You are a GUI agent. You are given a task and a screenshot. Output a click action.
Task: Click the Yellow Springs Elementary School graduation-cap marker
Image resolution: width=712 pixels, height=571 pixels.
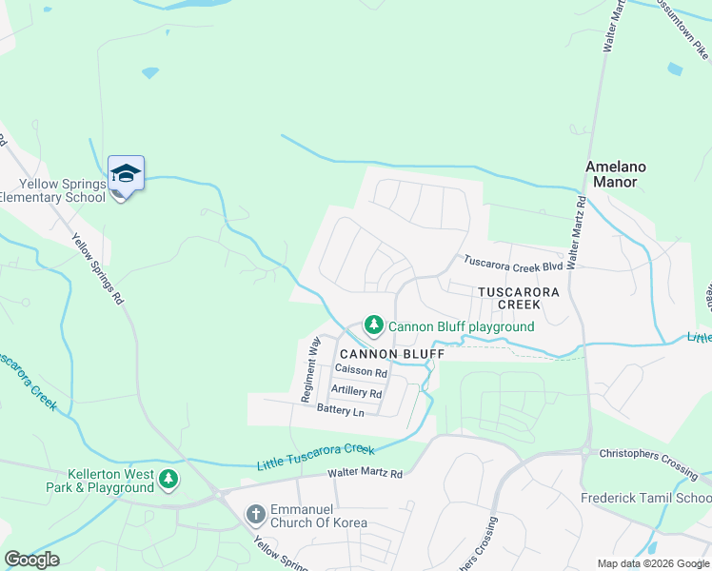coord(126,174)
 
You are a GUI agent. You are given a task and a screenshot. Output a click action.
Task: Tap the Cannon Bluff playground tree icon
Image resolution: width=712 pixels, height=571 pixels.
coord(374,326)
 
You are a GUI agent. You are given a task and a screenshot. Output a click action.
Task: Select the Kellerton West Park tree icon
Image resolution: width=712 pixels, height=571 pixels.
coord(168,479)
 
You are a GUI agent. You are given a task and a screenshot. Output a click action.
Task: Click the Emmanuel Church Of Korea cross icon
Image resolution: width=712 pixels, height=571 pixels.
coord(255,515)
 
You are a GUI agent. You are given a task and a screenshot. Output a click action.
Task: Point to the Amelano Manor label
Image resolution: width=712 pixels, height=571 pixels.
coord(615,173)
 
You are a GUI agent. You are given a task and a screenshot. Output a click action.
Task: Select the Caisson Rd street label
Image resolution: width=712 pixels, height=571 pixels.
coord(361,373)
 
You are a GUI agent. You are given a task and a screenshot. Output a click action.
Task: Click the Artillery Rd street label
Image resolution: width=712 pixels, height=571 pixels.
coord(356,392)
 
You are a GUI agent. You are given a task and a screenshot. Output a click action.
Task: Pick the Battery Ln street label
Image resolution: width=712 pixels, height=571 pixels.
coord(341,411)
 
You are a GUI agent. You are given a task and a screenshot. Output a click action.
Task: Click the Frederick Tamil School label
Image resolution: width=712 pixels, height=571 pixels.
coord(646,498)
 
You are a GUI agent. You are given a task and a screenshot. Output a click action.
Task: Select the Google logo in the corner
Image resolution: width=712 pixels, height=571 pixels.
coord(31,559)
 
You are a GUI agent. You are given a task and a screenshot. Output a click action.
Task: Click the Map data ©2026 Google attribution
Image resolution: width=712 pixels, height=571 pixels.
coord(653,563)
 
